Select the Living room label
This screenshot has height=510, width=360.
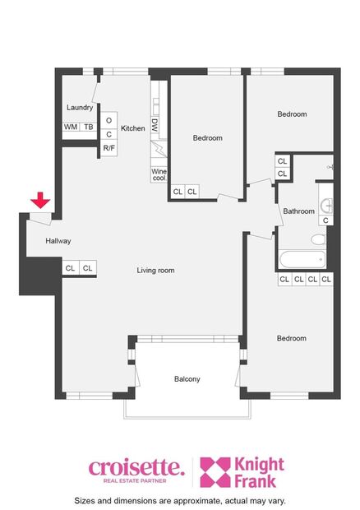coord(155,270)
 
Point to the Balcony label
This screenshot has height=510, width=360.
coord(187,379)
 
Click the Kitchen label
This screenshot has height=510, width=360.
coord(132,128)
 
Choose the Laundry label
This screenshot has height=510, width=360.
coord(80,108)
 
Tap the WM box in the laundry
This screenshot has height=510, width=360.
coord(71,128)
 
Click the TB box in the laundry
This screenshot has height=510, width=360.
coord(87,128)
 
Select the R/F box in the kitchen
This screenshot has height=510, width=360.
coord(108,148)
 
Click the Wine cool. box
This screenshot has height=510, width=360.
coord(159,174)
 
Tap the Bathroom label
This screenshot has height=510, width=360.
coord(298,211)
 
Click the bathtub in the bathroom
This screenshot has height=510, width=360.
coord(302,260)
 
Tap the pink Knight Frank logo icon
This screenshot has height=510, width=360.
coord(217,472)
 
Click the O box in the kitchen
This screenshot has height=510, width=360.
coord(108,120)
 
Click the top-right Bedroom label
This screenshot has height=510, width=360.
coord(292,114)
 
